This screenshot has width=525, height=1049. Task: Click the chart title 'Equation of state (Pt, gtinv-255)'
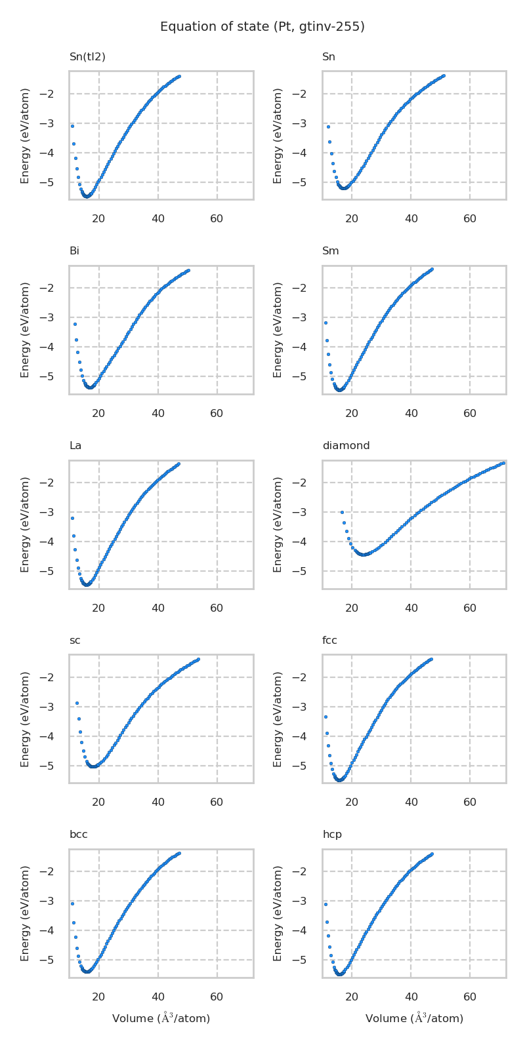(x=262, y=27)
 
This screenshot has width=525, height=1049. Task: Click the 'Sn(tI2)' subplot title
(x=87, y=57)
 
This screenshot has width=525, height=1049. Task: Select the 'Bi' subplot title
(x=74, y=251)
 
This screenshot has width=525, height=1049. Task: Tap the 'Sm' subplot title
(x=330, y=251)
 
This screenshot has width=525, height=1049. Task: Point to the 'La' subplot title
(x=75, y=446)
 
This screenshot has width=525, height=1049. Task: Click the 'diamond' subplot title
(x=346, y=446)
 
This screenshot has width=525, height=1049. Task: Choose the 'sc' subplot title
(x=75, y=641)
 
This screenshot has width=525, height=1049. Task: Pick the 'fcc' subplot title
(x=329, y=641)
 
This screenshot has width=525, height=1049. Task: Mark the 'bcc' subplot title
(x=78, y=835)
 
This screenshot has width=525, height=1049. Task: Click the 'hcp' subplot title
(x=331, y=835)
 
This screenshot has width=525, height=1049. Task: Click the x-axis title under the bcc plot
(x=161, y=1018)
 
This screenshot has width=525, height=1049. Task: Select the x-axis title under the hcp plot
(x=414, y=1018)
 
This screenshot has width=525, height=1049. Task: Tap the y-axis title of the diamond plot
(x=278, y=524)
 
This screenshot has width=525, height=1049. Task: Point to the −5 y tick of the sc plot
(x=55, y=766)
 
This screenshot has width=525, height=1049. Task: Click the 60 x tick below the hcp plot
(x=470, y=997)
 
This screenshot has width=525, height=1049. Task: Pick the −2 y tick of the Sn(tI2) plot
(x=55, y=94)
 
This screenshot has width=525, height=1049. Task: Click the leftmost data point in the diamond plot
(x=342, y=512)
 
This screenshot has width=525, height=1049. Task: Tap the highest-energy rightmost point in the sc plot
(x=198, y=659)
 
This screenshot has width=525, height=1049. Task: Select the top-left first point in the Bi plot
(x=75, y=324)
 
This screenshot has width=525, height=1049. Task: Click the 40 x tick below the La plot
(x=158, y=608)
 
